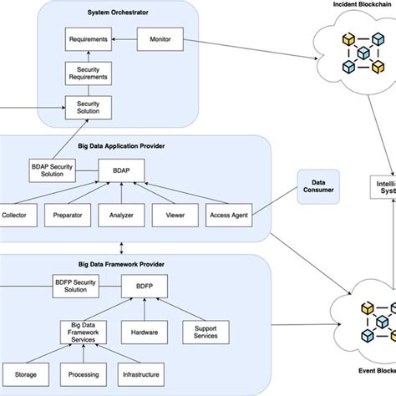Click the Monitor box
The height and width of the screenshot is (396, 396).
point(160,39)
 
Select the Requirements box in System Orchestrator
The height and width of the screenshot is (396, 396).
point(89,39)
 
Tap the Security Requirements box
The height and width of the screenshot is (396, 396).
point(89,73)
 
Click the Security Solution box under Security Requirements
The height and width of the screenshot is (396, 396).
point(89,106)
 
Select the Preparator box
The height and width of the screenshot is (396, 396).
point(67,215)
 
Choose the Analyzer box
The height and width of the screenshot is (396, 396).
point(122,215)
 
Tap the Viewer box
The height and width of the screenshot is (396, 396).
point(175,215)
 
